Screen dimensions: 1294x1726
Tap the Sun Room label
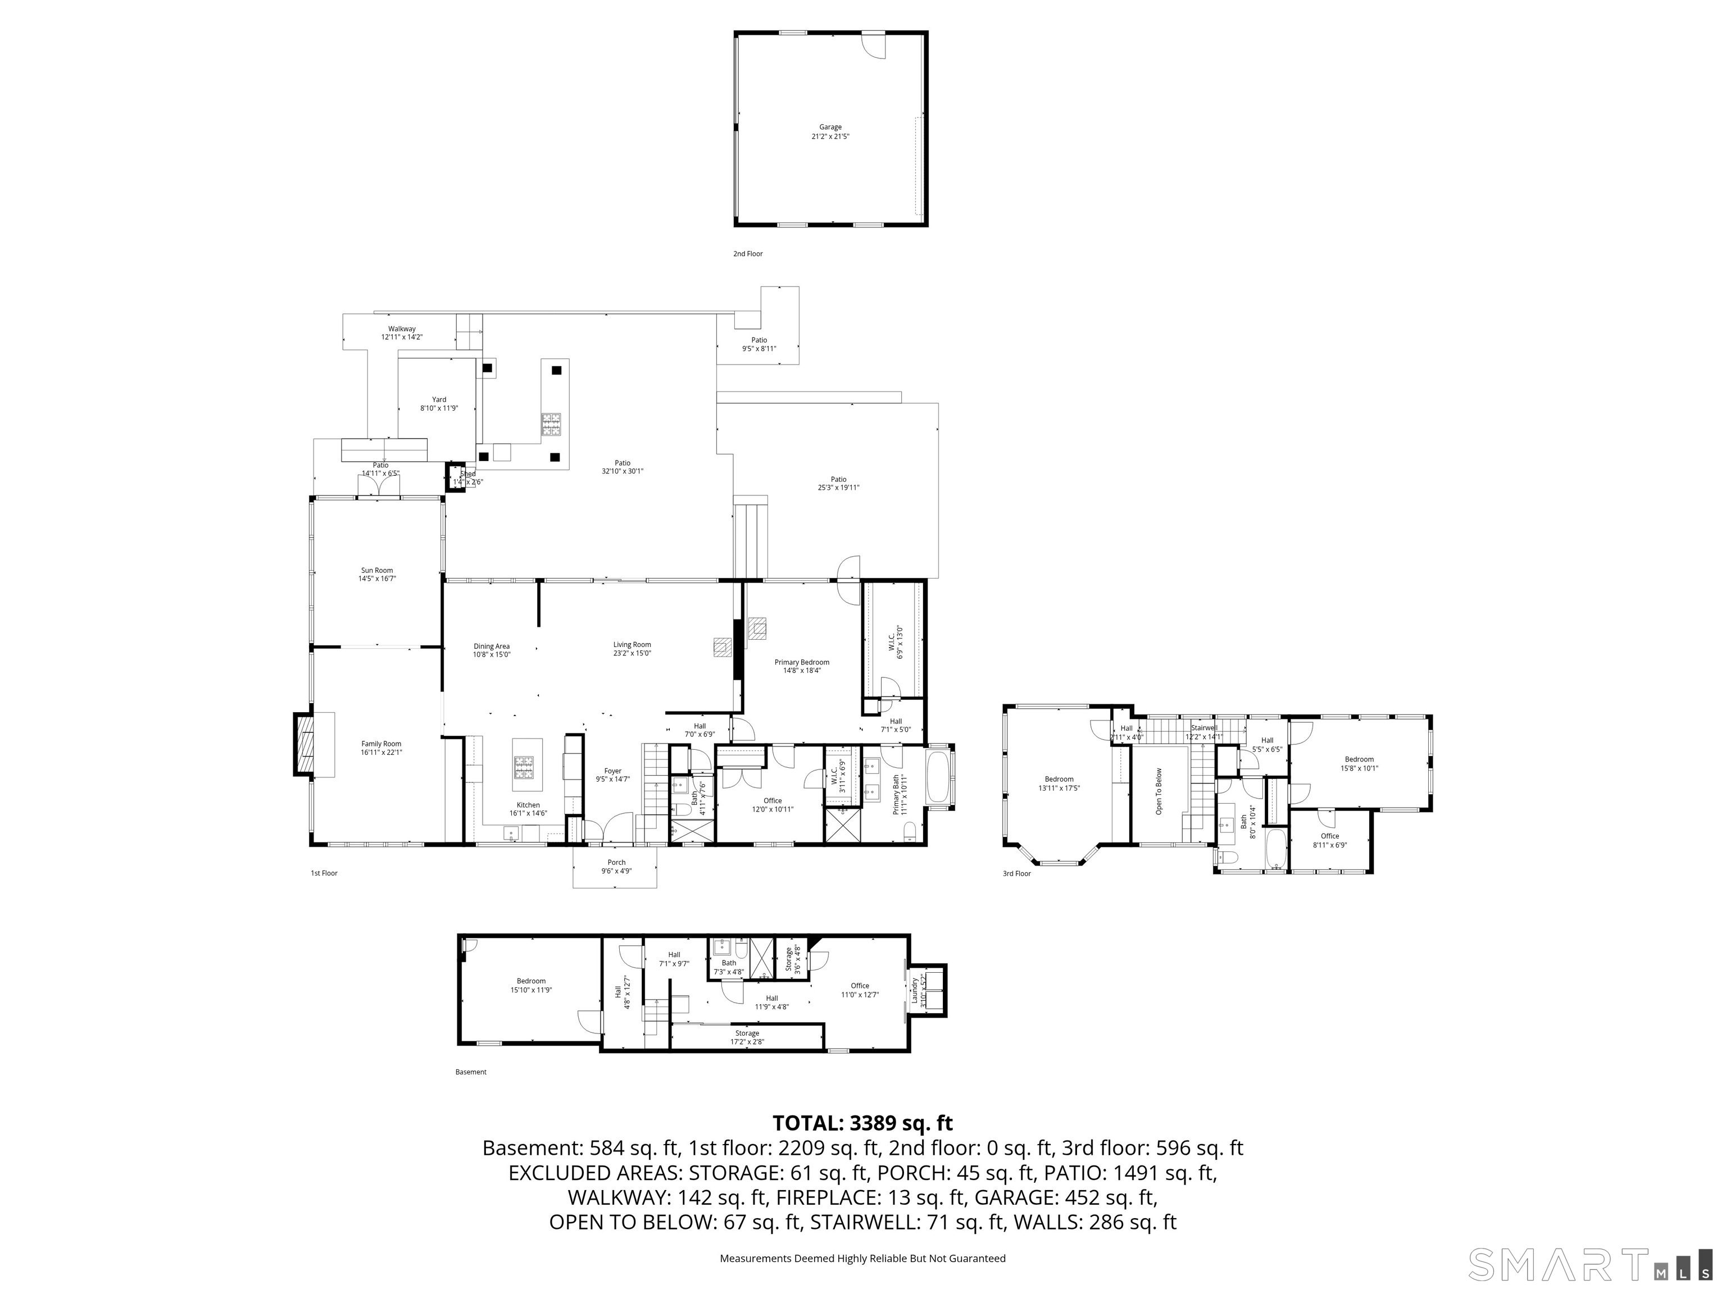tap(377, 570)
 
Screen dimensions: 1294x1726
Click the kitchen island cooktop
tap(524, 768)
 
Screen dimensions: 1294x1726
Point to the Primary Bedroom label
tap(801, 662)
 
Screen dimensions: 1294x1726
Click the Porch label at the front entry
tap(616, 863)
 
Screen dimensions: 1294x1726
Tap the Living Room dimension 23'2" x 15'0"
tap(632, 654)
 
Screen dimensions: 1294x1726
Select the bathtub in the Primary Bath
tap(939, 777)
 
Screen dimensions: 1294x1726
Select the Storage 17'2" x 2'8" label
tap(747, 1033)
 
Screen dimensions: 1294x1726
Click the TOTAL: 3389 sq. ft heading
tap(862, 1123)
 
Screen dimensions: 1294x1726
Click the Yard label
tap(439, 399)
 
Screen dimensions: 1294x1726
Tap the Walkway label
tap(402, 329)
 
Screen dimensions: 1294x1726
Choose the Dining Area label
tap(492, 646)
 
